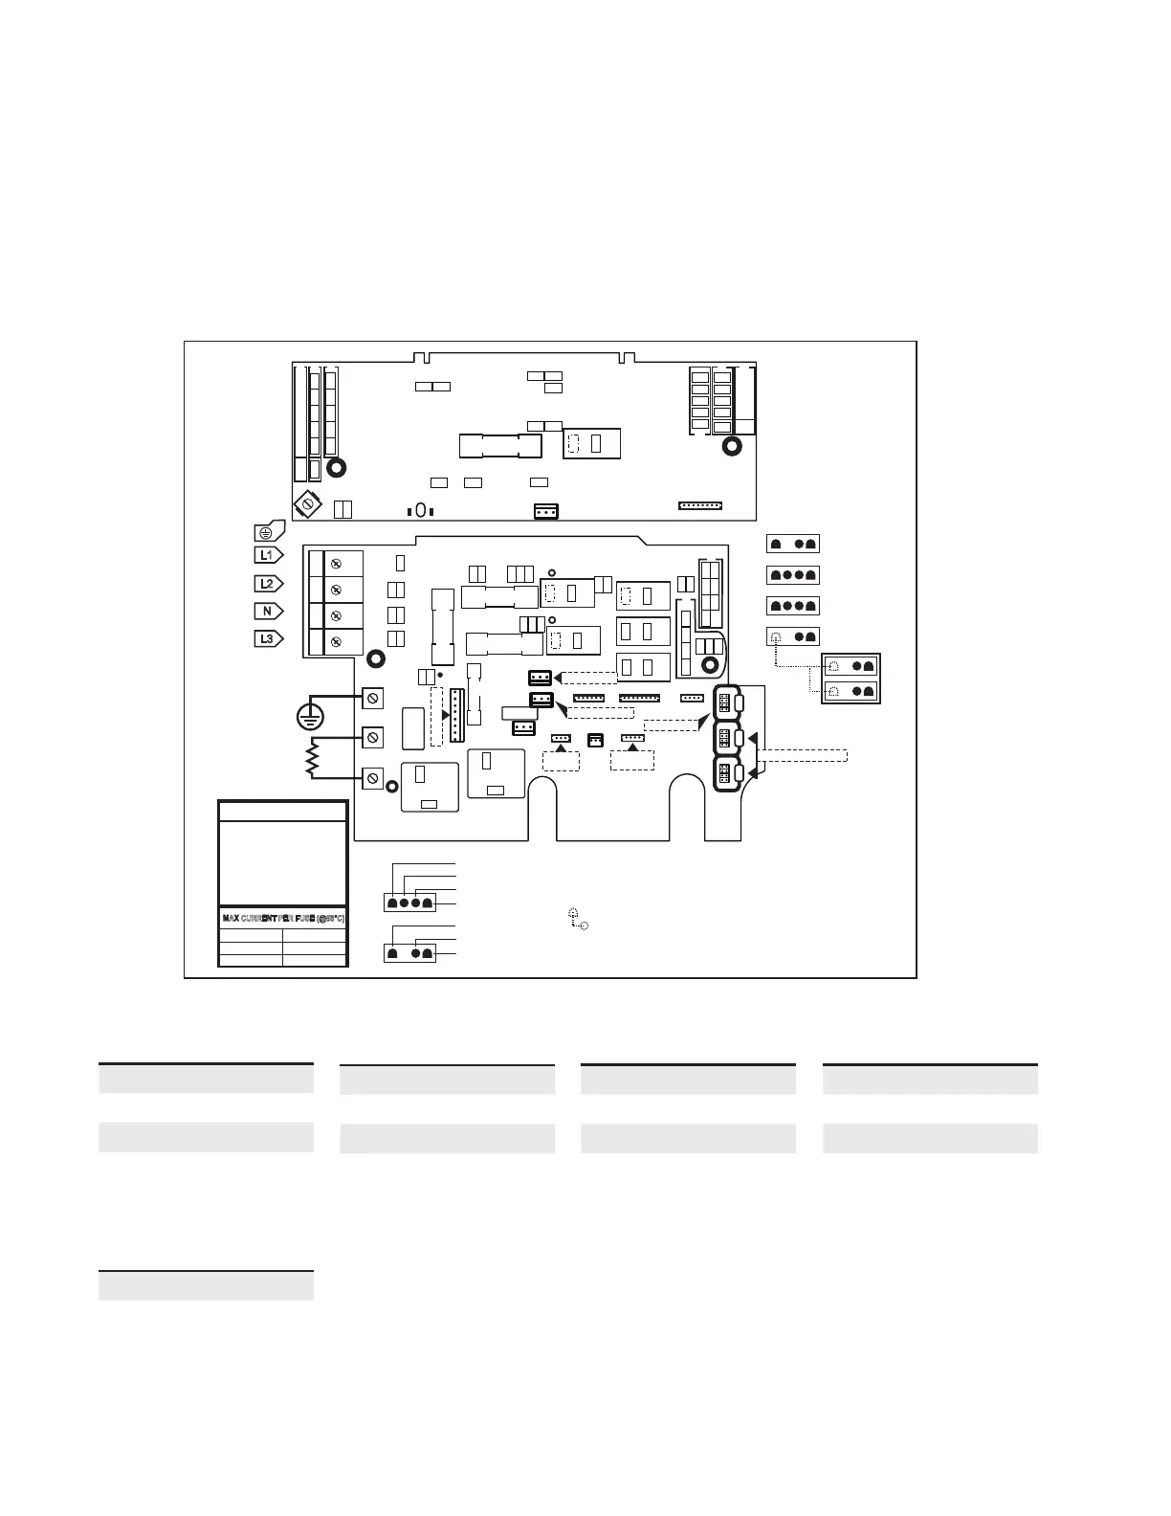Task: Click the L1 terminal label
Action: [268, 555]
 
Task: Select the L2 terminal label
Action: [268, 583]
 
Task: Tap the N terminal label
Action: [268, 611]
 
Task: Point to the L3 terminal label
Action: [268, 638]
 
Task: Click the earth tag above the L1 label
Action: [267, 532]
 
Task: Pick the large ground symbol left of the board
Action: [309, 715]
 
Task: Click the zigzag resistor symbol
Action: [311, 760]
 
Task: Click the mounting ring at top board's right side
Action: [732, 446]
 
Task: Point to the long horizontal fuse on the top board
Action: [500, 446]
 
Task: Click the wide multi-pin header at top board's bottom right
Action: [700, 504]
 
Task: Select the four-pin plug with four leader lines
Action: [409, 902]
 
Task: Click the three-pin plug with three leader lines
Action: [409, 953]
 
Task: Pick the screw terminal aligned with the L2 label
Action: [336, 589]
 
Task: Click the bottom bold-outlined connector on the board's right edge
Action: [727, 774]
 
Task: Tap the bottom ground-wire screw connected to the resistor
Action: [373, 777]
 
